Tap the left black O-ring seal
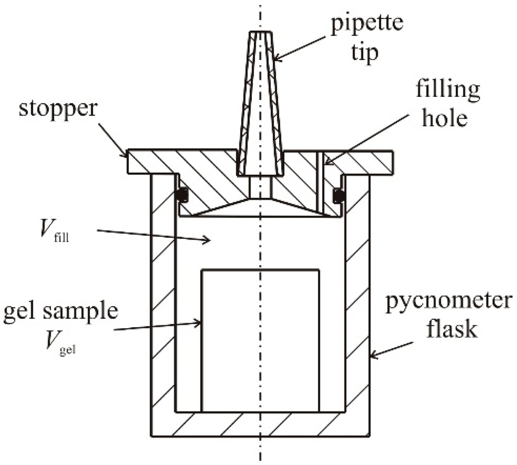click(183, 194)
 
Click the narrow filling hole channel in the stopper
click(320, 182)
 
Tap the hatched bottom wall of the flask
click(261, 424)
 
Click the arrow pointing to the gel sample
click(157, 326)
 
